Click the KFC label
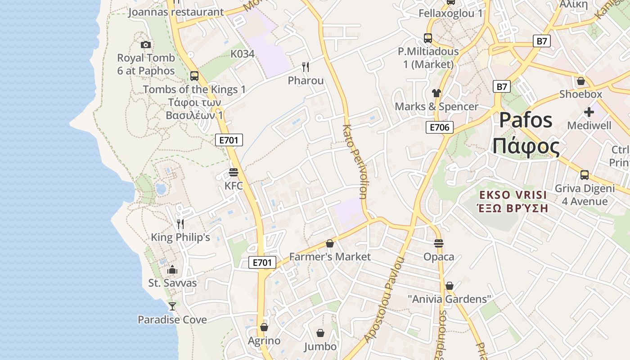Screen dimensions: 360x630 click(x=234, y=185)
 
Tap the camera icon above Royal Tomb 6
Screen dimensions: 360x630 click(x=145, y=45)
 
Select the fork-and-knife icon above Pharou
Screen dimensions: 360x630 click(x=306, y=67)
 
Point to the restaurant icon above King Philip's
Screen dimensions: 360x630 click(x=180, y=224)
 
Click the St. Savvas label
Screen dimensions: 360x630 click(x=172, y=283)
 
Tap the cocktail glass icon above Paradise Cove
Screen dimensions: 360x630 click(x=172, y=306)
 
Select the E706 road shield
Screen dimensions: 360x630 click(x=439, y=127)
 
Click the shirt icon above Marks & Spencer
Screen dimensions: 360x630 click(x=436, y=93)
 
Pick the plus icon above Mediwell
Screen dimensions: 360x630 click(x=589, y=112)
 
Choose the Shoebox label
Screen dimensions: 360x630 click(x=580, y=94)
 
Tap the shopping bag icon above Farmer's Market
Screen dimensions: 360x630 click(x=330, y=243)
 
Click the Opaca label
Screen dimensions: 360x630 click(x=439, y=257)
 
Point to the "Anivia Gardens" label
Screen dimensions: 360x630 click(x=449, y=299)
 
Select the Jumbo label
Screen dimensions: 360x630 click(x=320, y=346)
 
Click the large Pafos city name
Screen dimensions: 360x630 click(x=526, y=120)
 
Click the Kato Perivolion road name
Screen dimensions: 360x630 click(x=355, y=162)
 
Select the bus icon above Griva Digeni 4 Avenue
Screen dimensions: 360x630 click(x=584, y=175)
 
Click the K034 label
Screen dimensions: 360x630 click(x=243, y=54)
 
